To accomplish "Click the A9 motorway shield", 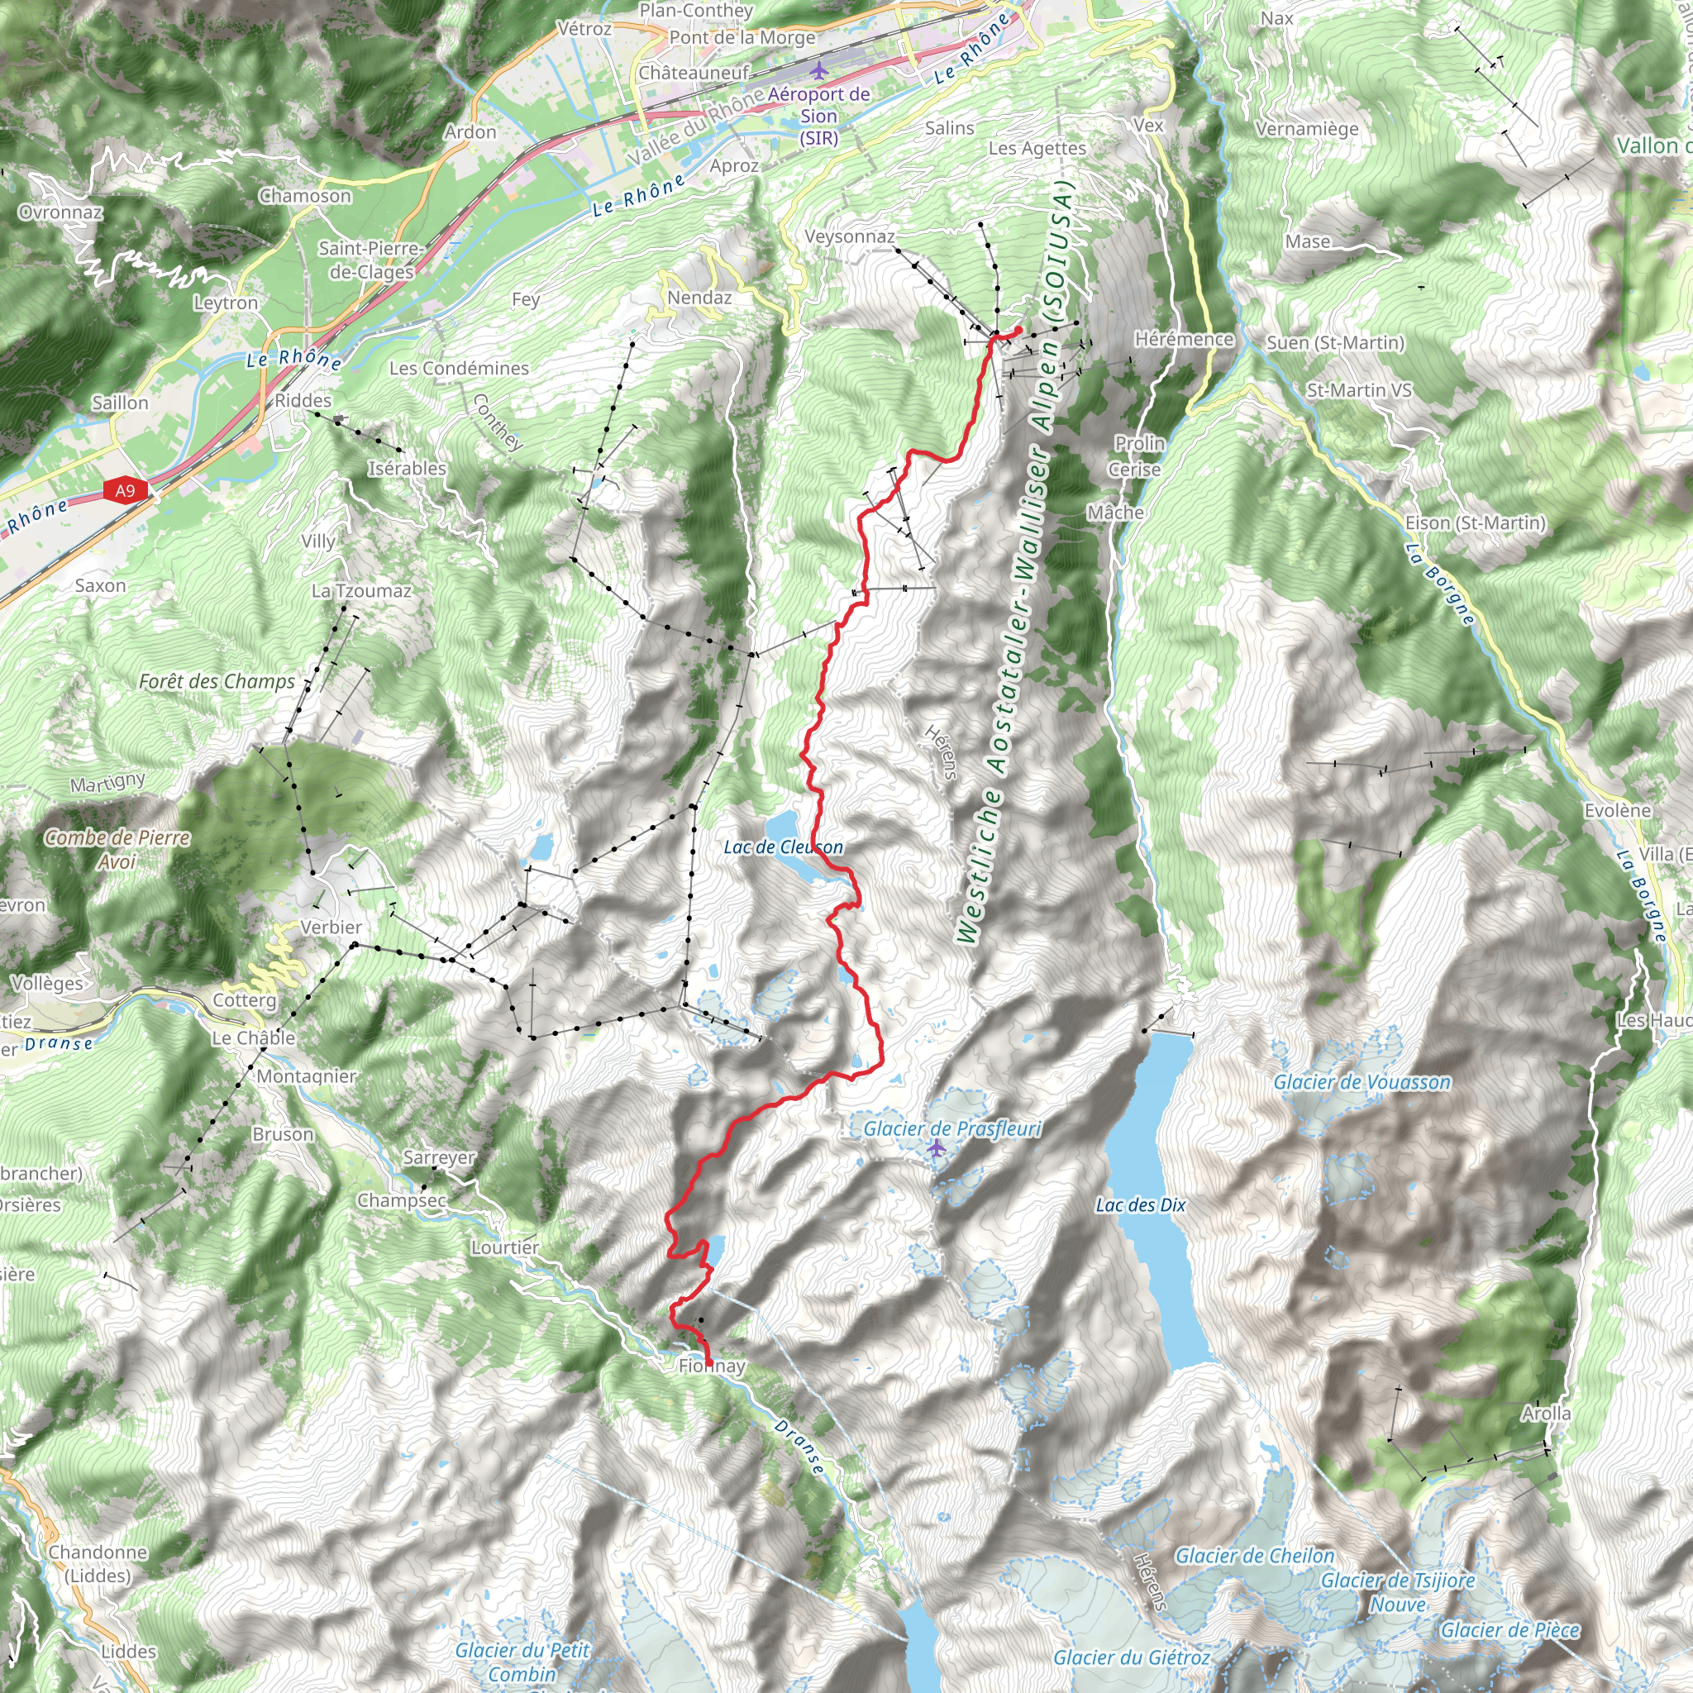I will click(126, 491).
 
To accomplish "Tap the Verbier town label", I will click(331, 928).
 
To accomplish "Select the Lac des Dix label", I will click(1140, 1205).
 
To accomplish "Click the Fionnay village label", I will click(712, 1366).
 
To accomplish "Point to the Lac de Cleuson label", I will click(783, 846).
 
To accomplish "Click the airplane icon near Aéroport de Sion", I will click(818, 69).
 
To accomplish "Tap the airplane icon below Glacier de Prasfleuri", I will click(937, 1148).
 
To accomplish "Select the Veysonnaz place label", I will click(849, 236).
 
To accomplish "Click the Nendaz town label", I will click(699, 298).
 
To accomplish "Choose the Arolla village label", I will click(1546, 1413).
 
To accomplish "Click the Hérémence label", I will click(1183, 339).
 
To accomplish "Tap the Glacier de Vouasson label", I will click(1362, 1082).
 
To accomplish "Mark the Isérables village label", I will click(407, 468).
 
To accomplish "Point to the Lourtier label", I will click(505, 1247).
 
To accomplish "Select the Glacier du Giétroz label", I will click(1130, 1657).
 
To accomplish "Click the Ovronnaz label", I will click(60, 212).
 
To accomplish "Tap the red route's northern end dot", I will click(1018, 330).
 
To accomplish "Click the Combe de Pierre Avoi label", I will click(117, 848).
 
